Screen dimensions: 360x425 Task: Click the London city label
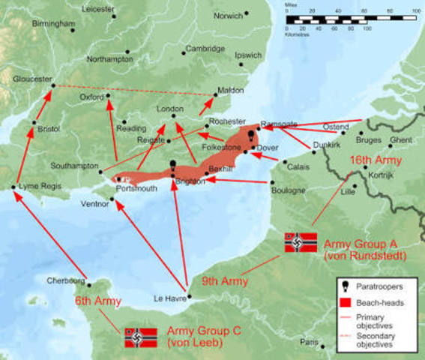pos(170,109)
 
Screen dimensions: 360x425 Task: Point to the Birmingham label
pos(54,23)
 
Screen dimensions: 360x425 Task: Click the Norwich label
pos(228,16)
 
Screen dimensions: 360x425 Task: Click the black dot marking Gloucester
pos(53,85)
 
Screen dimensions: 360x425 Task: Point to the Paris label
pos(309,342)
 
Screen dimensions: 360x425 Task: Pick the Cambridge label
pos(205,48)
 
